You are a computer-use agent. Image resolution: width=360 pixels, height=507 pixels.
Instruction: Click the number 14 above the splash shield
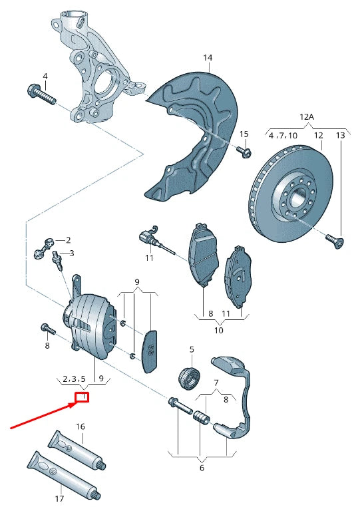coord(208,59)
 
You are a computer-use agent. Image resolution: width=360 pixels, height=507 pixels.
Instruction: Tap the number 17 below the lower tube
coord(59,498)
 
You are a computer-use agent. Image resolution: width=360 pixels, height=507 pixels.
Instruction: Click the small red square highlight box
coord(82,399)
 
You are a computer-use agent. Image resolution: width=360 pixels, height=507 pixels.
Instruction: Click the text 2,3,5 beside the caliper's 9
coord(74,379)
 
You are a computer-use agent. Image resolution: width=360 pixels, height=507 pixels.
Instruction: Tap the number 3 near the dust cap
coord(72,253)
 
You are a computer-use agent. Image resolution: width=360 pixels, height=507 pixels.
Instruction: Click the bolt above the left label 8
coord(47,329)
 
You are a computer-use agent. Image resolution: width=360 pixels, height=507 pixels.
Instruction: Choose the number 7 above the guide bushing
coord(215,383)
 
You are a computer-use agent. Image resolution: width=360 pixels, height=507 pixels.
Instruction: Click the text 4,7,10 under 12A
coord(283,136)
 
